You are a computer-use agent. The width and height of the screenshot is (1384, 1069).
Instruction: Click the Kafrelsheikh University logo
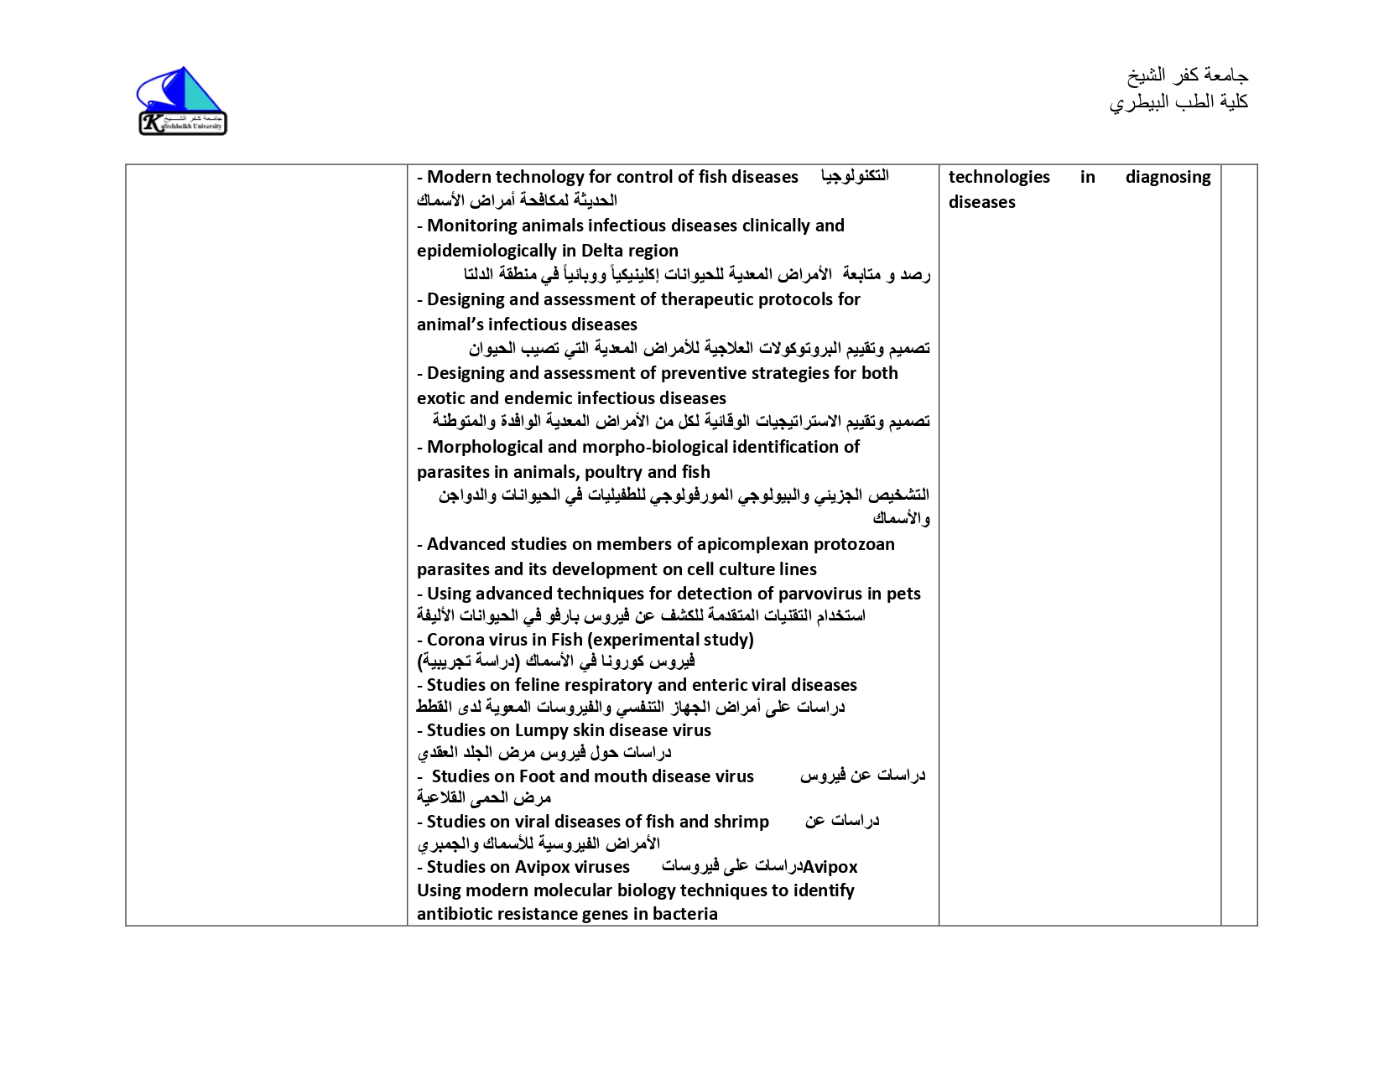[x=182, y=101]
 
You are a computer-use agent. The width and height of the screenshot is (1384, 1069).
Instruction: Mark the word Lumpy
[x=542, y=730]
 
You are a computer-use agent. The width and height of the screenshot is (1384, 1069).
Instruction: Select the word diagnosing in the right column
[x=1168, y=177]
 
